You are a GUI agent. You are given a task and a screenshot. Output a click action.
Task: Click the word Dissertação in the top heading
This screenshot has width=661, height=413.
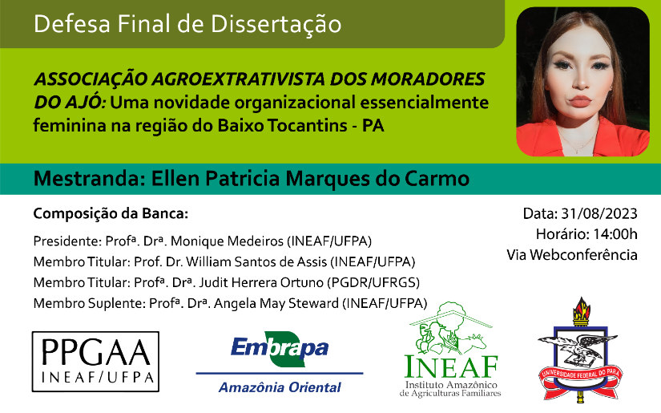(276, 24)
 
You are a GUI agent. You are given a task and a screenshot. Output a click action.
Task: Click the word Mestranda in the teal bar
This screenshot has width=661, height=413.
(87, 179)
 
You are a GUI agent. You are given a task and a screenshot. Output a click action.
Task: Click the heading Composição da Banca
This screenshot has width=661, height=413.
(111, 214)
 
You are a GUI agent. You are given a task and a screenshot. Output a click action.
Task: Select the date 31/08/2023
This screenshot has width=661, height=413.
(599, 214)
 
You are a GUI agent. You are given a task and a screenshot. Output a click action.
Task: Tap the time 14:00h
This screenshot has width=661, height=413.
(615, 234)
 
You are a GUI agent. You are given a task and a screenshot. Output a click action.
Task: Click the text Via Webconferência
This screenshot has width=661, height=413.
(572, 255)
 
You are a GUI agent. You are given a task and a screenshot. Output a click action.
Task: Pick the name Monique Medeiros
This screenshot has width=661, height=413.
(227, 241)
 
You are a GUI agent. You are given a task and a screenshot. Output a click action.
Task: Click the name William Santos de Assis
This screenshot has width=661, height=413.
(256, 262)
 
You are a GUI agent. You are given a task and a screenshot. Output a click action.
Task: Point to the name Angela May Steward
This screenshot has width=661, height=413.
(276, 303)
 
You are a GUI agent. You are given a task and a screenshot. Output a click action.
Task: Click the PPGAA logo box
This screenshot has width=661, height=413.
(95, 362)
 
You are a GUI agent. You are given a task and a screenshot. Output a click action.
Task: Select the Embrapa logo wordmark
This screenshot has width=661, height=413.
(280, 349)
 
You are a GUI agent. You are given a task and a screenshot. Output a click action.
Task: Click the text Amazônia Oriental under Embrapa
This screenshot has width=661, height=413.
(280, 387)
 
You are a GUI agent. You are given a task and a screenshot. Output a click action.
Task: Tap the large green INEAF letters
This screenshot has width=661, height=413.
(451, 366)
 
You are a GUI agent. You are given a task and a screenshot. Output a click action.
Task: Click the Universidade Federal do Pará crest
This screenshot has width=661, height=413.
(581, 350)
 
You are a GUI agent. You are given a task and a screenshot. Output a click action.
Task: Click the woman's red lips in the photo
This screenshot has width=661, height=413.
(581, 101)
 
